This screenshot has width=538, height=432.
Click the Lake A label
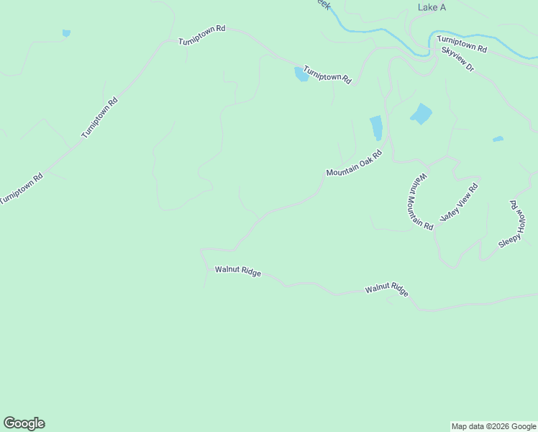432,7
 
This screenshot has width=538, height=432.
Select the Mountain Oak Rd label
353,163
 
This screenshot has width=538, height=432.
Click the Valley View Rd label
459,202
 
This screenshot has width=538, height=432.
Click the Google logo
24,423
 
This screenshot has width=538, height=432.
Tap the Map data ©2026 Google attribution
493,426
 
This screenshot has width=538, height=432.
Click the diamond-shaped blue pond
421,114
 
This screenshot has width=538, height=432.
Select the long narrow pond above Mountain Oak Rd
375,128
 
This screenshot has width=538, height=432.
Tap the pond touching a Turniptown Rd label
301,74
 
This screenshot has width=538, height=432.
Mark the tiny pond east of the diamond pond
498,139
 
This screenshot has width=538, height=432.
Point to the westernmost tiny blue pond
66,33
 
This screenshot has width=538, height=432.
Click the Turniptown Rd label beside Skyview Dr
462,44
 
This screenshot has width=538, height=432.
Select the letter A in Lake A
442,7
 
